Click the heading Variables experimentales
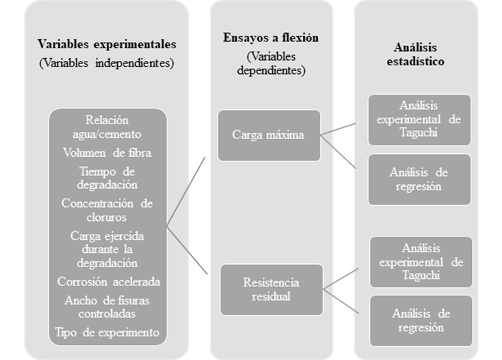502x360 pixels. click(107, 44)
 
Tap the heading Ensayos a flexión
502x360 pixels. click(271, 38)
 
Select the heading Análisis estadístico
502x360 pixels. click(416, 54)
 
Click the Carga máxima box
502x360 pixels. click(269, 135)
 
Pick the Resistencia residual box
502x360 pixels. click(271, 289)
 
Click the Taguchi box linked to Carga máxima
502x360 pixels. click(420, 120)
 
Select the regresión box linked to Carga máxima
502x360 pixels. click(420, 180)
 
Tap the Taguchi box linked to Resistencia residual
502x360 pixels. click(422, 262)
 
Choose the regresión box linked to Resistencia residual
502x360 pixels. click(422, 321)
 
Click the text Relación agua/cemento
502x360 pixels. click(107, 127)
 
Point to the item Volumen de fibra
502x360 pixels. click(107, 153)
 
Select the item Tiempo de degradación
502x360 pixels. click(107, 178)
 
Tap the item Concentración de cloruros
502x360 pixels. click(107, 210)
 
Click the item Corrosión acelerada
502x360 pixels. click(109, 282)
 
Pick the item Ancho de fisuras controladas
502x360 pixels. click(107, 307)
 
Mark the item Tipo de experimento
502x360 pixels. click(107, 333)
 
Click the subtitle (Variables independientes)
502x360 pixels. click(107, 63)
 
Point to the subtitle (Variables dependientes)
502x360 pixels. click(271, 63)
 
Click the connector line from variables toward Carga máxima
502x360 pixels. click(186, 192)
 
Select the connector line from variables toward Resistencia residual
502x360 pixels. click(187, 250)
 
